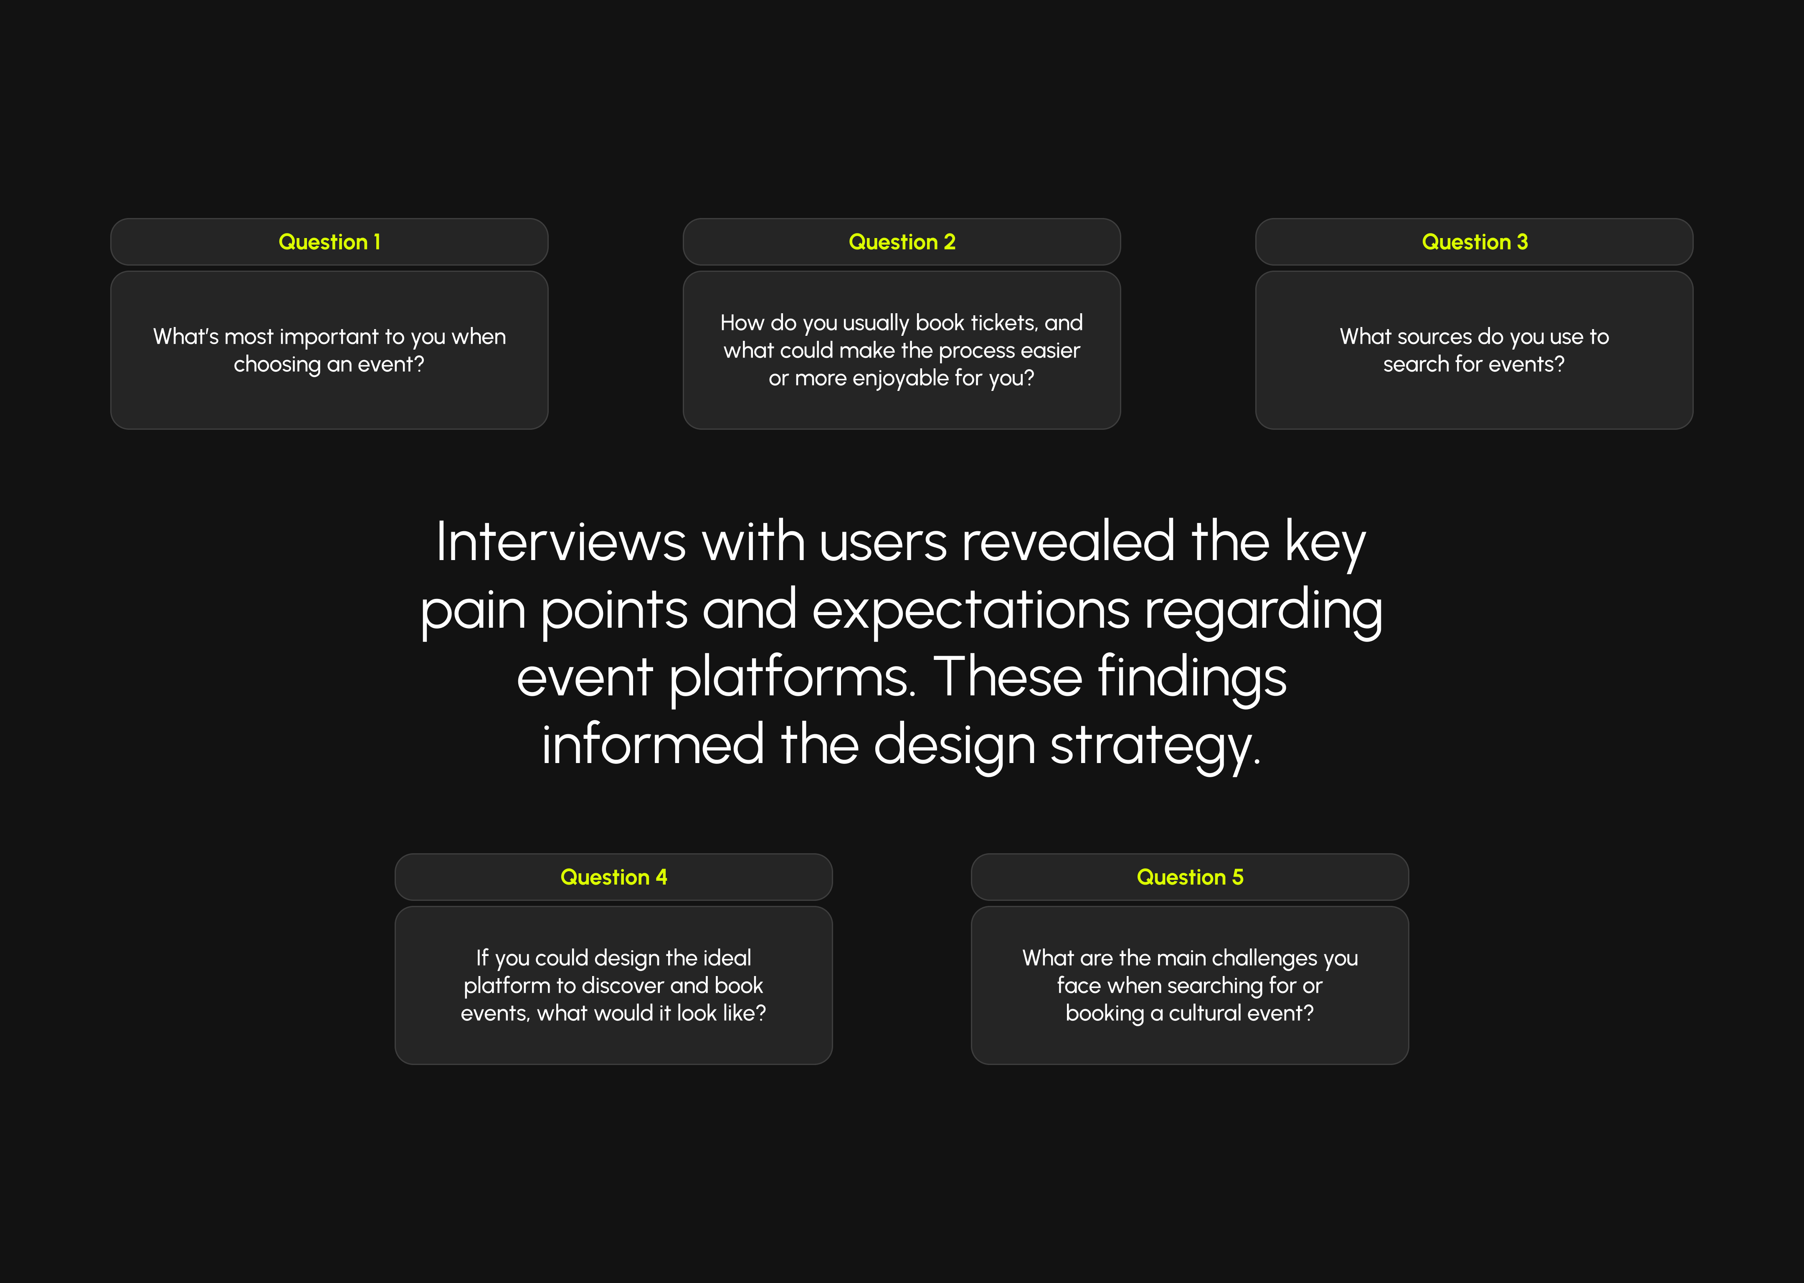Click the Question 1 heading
[329, 242]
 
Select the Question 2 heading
[902, 242]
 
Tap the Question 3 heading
[1475, 242]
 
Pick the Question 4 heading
[614, 877]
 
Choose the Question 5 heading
[1190, 877]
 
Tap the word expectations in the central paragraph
[971, 610]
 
